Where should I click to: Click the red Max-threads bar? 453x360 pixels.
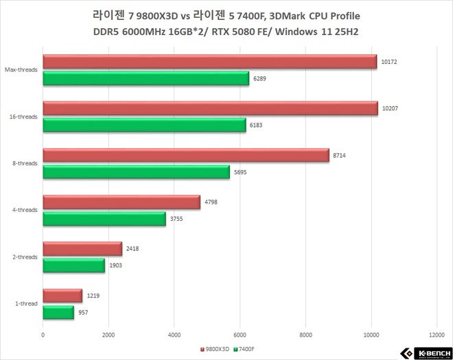(x=209, y=62)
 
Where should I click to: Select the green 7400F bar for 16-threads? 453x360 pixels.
(x=144, y=125)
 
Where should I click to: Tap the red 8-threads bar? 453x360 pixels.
(x=185, y=156)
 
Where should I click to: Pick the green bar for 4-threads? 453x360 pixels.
(x=104, y=219)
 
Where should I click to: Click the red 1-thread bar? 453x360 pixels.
(x=62, y=296)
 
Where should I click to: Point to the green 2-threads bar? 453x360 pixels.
(x=74, y=265)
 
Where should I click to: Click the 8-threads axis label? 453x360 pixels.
(x=24, y=164)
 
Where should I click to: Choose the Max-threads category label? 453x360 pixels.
(x=21, y=70)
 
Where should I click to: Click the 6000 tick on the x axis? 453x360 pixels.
(x=240, y=335)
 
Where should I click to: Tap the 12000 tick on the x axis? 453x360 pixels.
(x=437, y=335)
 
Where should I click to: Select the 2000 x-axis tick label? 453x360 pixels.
(x=108, y=335)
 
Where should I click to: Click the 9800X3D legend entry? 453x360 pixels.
(x=215, y=349)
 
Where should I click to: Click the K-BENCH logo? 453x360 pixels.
(x=426, y=352)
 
